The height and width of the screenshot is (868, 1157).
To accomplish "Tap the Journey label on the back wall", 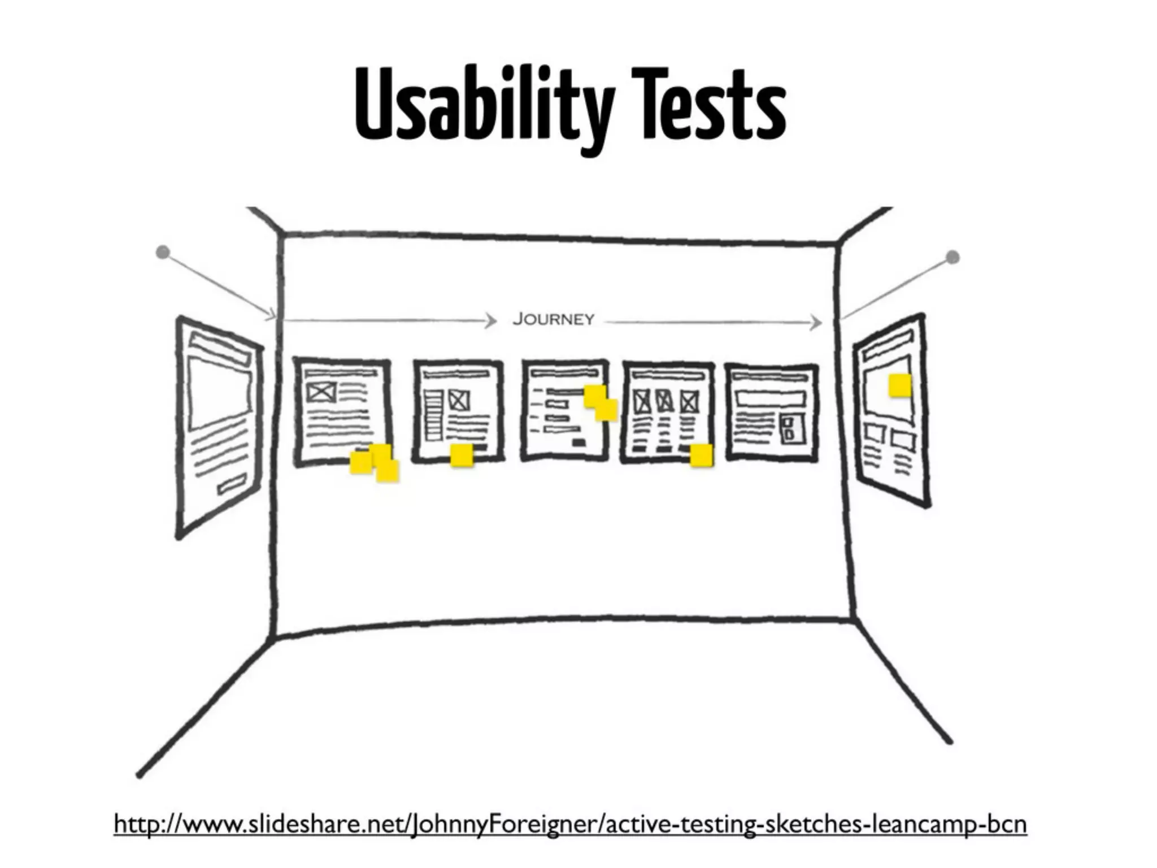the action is (x=553, y=320).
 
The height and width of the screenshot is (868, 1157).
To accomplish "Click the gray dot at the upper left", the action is (x=163, y=253).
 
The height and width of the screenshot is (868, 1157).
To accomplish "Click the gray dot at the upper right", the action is (x=952, y=258).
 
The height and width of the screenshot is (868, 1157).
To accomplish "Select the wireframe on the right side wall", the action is (x=891, y=410).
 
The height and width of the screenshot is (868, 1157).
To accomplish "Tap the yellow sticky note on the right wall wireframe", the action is (x=900, y=386).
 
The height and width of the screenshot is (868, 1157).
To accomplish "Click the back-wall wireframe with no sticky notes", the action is (x=772, y=413).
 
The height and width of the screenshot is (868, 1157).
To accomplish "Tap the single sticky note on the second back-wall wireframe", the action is (x=462, y=455).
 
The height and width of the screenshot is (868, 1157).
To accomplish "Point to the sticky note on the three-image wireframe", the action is (x=702, y=455).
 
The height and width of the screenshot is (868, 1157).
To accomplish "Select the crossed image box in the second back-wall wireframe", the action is (x=459, y=401).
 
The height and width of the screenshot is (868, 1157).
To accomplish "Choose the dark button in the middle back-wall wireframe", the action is (x=579, y=442).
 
